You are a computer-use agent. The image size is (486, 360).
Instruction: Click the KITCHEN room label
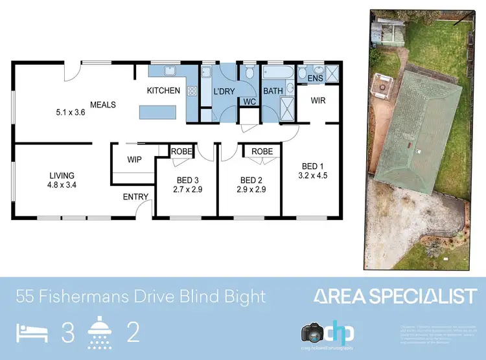pyautogui.click(x=163, y=91)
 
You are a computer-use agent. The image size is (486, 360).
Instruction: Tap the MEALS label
pyautogui.click(x=102, y=104)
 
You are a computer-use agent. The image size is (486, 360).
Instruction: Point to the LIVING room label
pyautogui.click(x=62, y=175)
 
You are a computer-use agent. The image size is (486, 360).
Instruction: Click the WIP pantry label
pyautogui.click(x=135, y=159)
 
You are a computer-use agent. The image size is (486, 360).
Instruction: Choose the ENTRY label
pyautogui.click(x=135, y=197)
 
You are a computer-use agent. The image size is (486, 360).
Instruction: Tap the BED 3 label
pyautogui.click(x=186, y=180)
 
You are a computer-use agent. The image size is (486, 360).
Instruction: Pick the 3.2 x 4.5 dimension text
pyautogui.click(x=309, y=175)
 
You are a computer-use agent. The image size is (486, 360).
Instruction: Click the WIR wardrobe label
pyautogui.click(x=318, y=101)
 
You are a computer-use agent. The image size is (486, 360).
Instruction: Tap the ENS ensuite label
pyautogui.click(x=316, y=78)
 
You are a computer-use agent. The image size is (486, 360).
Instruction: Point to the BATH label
pyautogui.click(x=273, y=91)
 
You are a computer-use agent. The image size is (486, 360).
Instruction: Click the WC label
pyautogui.click(x=249, y=102)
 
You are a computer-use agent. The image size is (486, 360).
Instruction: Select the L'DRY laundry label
pyautogui.click(x=224, y=91)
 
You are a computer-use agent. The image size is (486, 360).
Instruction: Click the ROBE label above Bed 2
pyautogui.click(x=262, y=152)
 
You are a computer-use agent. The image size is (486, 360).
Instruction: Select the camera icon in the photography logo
pyautogui.click(x=313, y=333)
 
